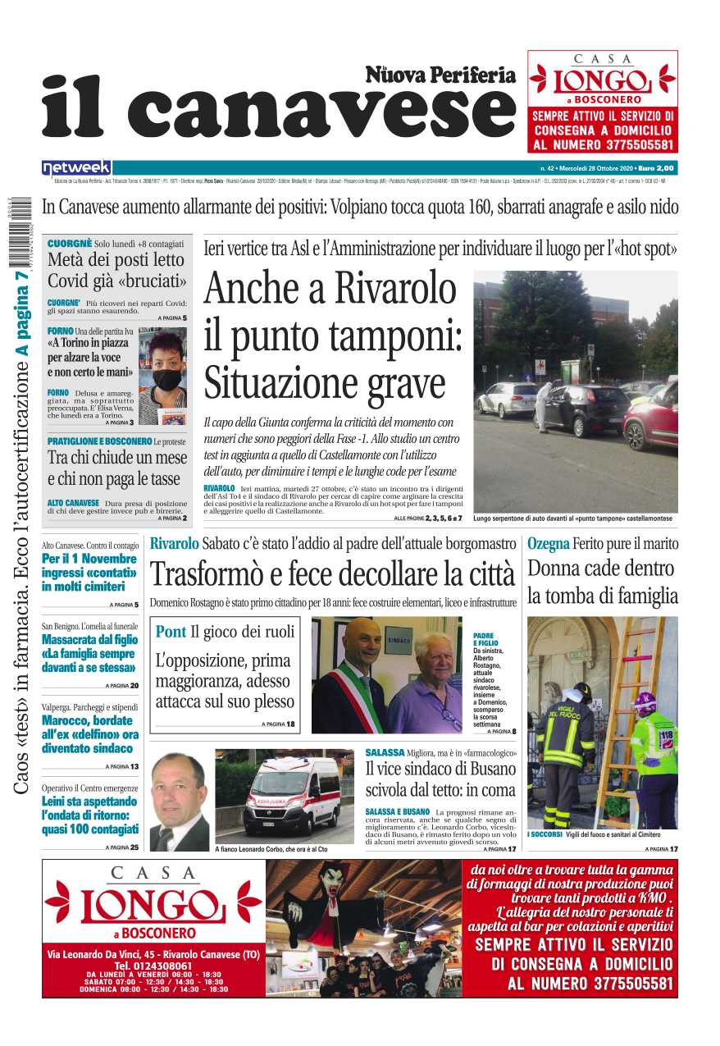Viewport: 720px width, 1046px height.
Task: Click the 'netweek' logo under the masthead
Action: (x=76, y=167)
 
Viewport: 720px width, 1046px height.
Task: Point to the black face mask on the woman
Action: (x=168, y=380)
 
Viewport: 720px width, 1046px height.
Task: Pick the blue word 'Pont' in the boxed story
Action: (x=171, y=632)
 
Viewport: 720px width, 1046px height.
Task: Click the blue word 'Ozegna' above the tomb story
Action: (x=548, y=543)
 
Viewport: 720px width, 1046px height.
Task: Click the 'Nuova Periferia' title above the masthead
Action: (x=440, y=75)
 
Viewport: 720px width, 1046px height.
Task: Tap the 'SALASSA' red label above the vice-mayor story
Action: (x=385, y=752)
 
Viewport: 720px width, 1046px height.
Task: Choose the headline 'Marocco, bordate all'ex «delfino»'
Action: (x=90, y=728)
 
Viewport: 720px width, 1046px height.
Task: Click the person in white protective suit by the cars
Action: (x=544, y=405)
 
